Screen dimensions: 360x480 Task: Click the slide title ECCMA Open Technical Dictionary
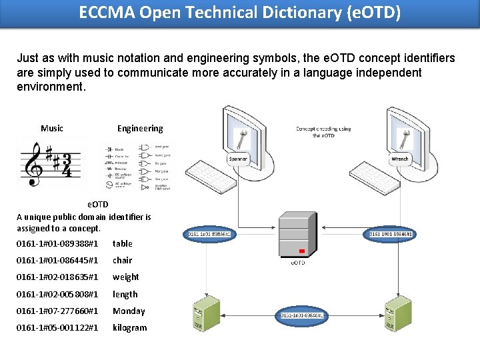240,13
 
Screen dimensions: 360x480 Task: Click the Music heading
52,128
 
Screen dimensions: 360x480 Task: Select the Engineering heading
140,128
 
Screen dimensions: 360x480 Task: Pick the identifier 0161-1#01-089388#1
57,243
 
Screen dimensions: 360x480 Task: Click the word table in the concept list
123,243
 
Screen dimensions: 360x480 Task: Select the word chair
123,260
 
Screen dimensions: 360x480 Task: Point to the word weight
126,277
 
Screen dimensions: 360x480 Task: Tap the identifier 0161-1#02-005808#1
57,294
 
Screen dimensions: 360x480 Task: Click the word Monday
129,311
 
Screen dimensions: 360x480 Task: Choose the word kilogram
130,327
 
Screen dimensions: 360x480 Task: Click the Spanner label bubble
238,159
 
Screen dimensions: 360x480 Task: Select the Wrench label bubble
400,159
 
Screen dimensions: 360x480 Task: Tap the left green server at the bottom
206,314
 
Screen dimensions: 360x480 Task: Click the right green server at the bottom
391,314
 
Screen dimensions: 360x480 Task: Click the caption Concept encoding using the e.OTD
323,132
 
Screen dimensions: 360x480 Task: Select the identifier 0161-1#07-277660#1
57,311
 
